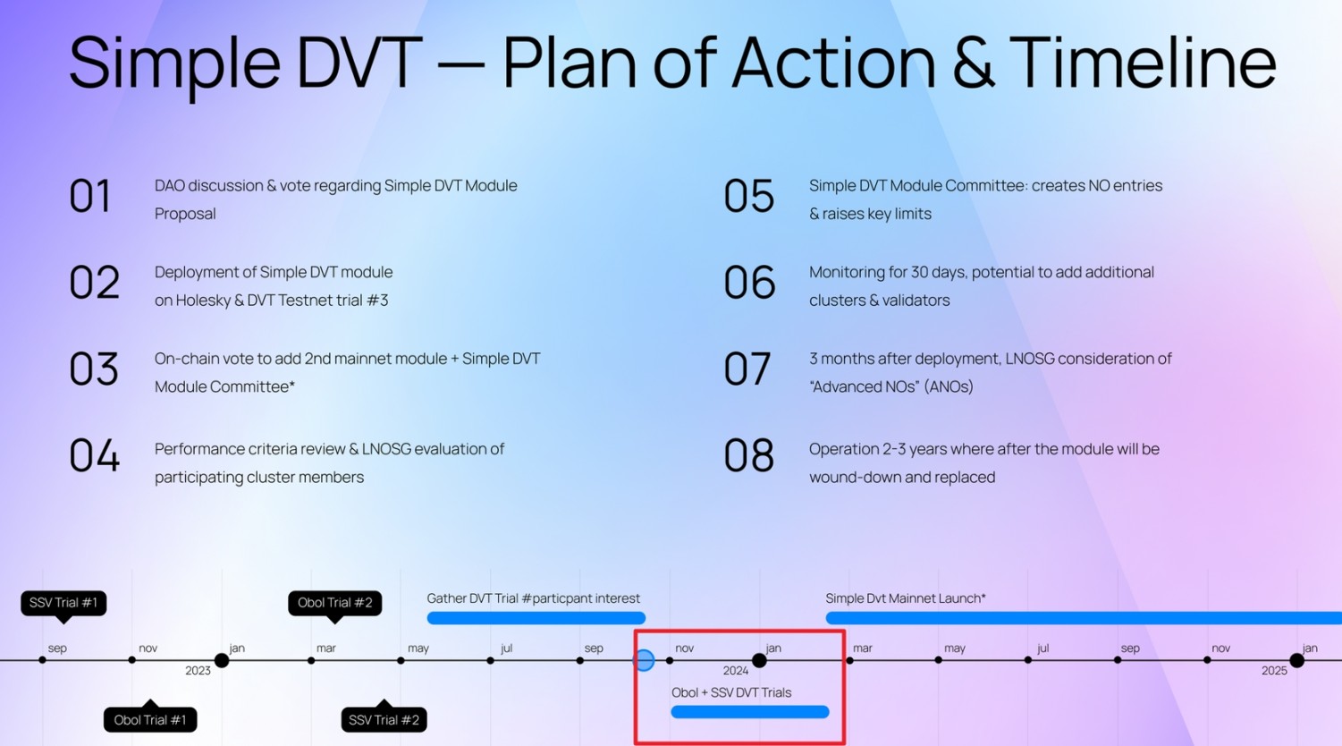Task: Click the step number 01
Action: click(x=90, y=196)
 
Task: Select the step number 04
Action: click(x=94, y=456)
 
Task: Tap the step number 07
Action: click(x=747, y=369)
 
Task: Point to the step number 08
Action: click(x=748, y=456)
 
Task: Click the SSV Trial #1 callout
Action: click(x=63, y=603)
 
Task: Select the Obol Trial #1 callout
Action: click(x=150, y=720)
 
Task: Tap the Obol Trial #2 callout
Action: click(x=335, y=603)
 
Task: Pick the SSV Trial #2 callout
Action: click(x=384, y=720)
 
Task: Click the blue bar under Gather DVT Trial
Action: click(x=536, y=618)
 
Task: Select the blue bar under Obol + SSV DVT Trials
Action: click(x=750, y=712)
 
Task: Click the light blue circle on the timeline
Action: click(x=644, y=661)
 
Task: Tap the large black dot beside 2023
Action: click(x=222, y=661)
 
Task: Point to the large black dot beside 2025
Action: click(x=1297, y=661)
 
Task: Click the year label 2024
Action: click(x=736, y=671)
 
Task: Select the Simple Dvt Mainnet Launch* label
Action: click(x=906, y=598)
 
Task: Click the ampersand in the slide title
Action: click(x=973, y=63)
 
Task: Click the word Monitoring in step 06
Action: click(x=846, y=272)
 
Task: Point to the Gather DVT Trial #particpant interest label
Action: click(x=534, y=598)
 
